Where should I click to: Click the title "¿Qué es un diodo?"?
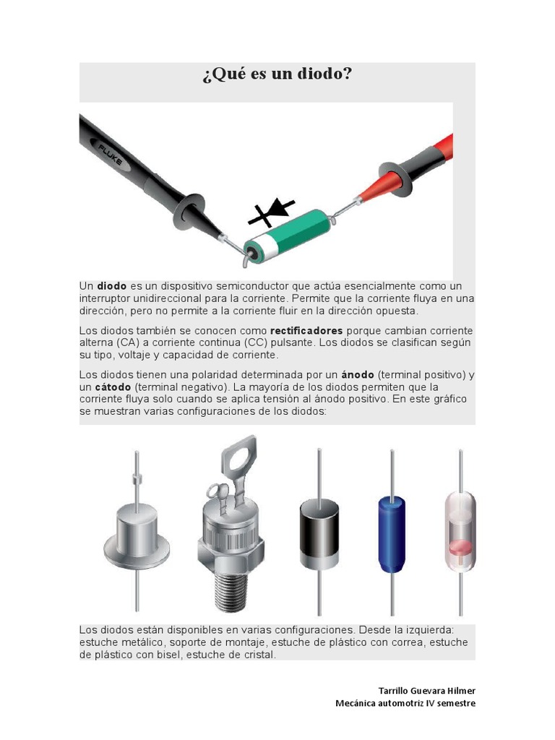point(277,74)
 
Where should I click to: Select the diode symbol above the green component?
point(271,212)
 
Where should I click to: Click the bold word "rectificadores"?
point(307,331)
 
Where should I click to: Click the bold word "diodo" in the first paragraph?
point(112,286)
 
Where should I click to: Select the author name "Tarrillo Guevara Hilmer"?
point(427,691)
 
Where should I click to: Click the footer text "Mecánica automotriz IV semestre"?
point(405,703)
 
